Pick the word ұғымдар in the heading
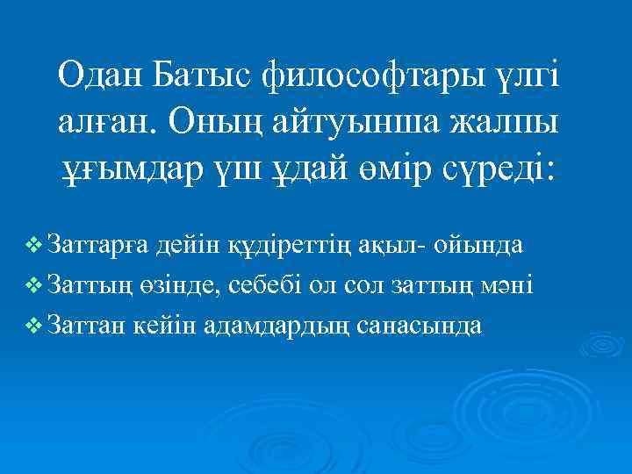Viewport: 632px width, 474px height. (x=128, y=164)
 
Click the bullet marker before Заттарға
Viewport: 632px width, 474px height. (x=35, y=246)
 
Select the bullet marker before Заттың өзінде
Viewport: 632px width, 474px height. (x=35, y=285)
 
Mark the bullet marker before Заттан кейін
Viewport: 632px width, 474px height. (x=35, y=326)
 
